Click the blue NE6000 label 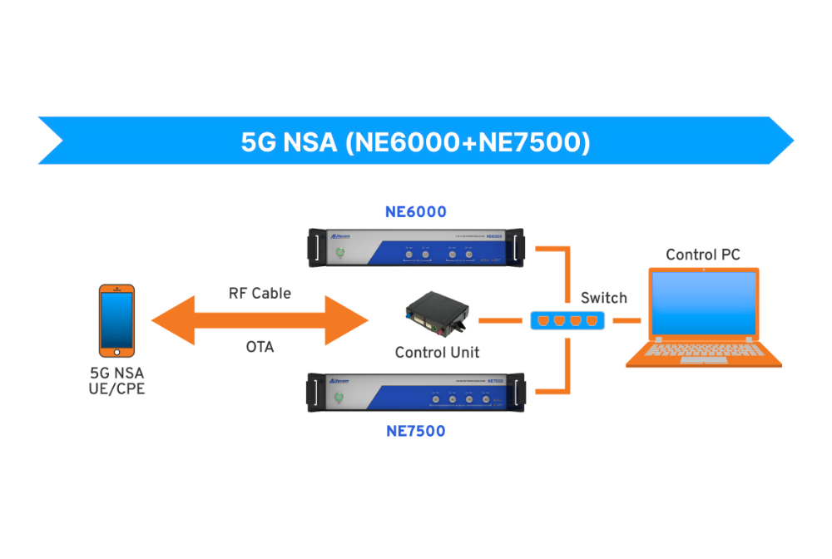415,212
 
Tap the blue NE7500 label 415,431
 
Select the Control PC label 703,255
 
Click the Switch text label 603,298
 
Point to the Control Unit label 437,353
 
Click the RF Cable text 260,294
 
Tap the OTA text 260,347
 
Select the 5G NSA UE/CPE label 116,379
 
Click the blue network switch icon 565,319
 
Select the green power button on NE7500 339,398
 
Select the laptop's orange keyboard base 703,355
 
